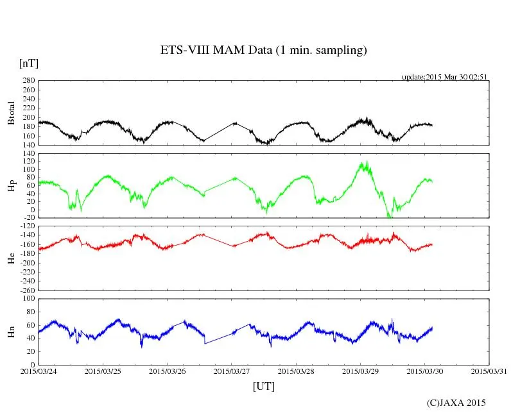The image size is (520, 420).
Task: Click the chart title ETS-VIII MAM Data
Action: (x=263, y=51)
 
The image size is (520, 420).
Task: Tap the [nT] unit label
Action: (x=29, y=63)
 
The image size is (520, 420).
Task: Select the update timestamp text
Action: (x=444, y=76)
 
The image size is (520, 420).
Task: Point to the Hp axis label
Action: (x=11, y=186)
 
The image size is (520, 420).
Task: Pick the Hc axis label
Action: (x=11, y=258)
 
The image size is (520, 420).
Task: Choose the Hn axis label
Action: (x=11, y=331)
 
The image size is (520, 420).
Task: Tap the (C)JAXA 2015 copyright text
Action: (x=456, y=403)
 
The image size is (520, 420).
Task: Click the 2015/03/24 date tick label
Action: (x=39, y=371)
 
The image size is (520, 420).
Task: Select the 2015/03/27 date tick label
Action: (x=232, y=371)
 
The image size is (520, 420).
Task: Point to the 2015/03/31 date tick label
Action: (x=489, y=371)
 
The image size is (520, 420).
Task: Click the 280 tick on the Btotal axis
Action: (x=28, y=81)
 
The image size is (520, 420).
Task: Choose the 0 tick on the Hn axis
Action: (x=32, y=365)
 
